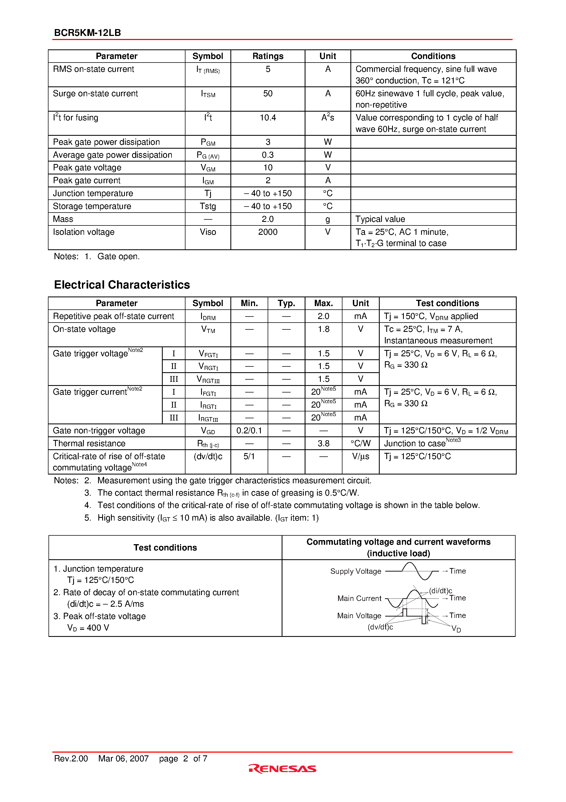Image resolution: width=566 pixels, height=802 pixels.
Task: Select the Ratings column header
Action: click(268, 56)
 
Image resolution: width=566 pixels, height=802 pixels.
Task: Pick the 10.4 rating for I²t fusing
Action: click(268, 118)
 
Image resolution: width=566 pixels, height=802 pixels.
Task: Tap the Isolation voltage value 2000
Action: click(268, 232)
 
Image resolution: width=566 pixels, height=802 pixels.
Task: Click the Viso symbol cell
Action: click(208, 232)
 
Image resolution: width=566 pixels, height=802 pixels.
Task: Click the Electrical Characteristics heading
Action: click(122, 285)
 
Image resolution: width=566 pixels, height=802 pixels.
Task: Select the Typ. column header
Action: click(286, 303)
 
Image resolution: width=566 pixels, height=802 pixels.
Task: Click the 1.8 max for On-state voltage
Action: click(324, 329)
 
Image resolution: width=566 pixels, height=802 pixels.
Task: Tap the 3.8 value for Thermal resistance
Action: click(324, 443)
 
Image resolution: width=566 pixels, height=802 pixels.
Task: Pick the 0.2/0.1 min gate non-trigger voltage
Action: click(249, 430)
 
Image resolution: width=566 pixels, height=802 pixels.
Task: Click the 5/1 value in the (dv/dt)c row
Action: click(249, 456)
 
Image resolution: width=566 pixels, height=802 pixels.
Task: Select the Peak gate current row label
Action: click(87, 180)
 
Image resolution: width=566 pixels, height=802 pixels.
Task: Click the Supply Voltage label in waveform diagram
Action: click(356, 571)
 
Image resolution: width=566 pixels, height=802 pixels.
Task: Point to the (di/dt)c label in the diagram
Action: click(440, 591)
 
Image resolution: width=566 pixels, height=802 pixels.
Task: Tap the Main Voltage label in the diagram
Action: click(359, 615)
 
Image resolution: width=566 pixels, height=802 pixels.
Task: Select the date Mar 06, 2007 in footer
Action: click(123, 758)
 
